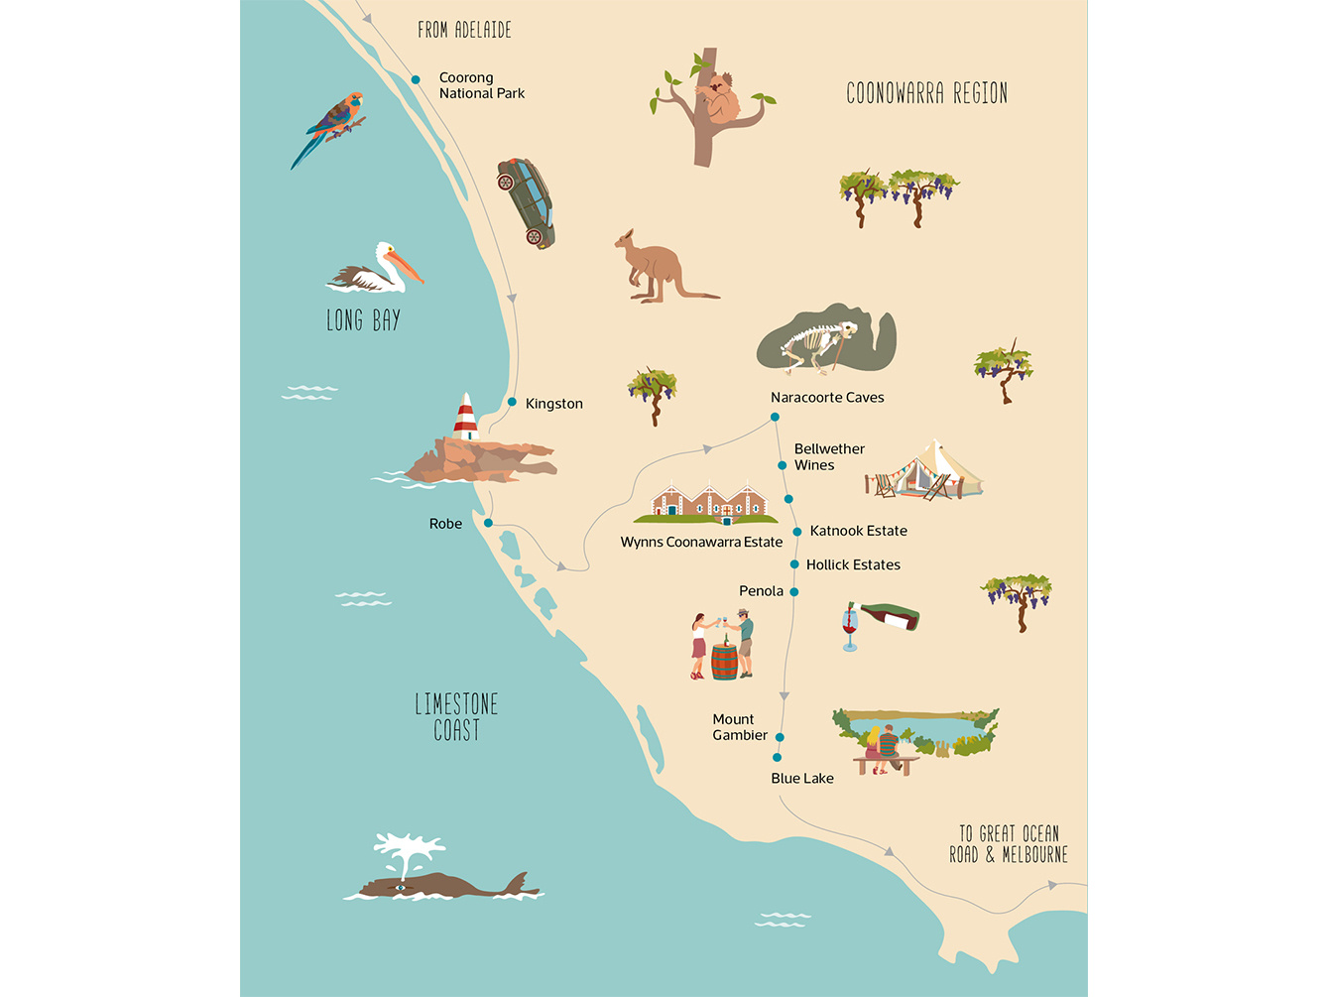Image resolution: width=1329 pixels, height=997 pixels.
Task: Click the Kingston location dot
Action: coord(512,402)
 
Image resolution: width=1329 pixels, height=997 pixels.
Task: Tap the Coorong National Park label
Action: coord(481,85)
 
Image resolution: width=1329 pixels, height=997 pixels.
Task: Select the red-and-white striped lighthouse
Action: coord(465,417)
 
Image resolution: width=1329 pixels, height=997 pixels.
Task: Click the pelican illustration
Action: coord(375,270)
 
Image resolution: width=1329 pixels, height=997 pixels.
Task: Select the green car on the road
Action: coord(527,202)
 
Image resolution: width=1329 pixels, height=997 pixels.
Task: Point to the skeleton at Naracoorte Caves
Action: coord(819,345)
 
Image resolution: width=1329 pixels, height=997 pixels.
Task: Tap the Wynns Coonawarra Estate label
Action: coord(701,542)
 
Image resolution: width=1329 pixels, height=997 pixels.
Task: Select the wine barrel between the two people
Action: coord(724,662)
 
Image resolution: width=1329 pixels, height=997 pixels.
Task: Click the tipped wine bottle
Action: coord(891,617)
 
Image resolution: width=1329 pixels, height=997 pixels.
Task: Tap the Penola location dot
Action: coord(793,592)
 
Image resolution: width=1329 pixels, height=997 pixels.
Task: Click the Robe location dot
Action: coord(488,523)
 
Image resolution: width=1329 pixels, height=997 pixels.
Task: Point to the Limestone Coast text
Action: coord(456,717)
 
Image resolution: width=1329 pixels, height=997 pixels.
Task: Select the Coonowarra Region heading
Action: coord(926,93)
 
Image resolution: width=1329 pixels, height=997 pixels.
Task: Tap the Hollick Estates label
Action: coord(853,564)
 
